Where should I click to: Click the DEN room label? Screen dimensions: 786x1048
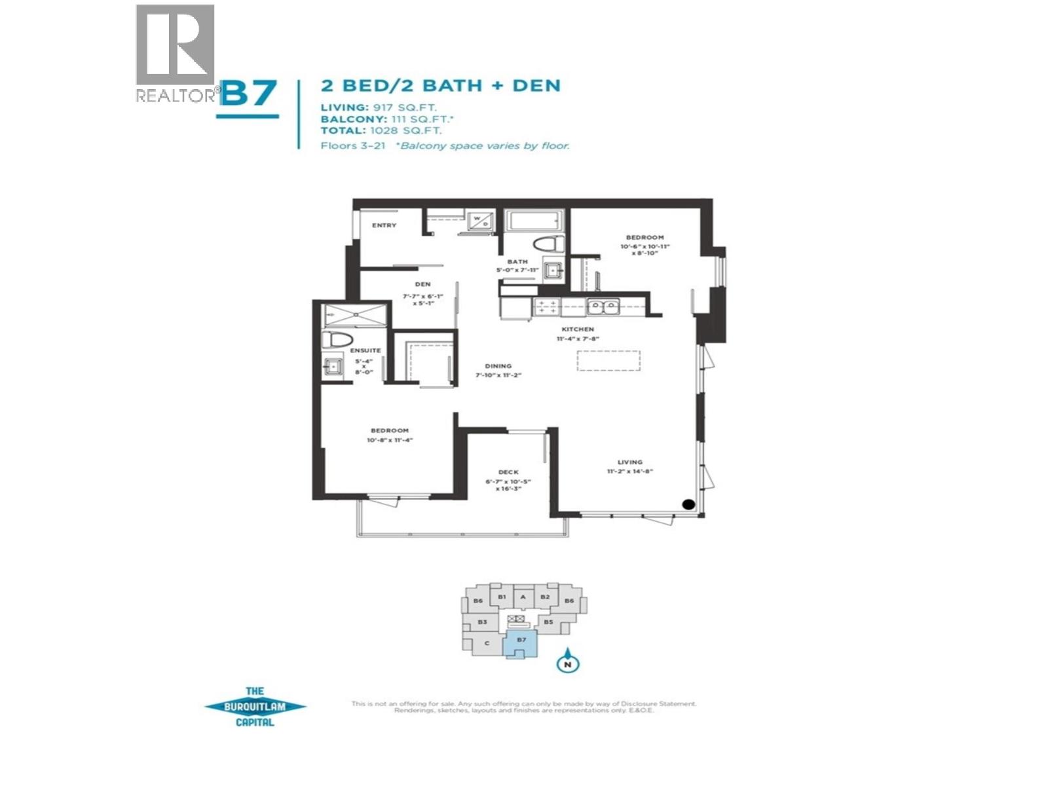[x=422, y=284]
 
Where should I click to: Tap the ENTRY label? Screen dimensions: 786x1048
[x=384, y=225]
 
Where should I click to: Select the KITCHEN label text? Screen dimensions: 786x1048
[x=578, y=329]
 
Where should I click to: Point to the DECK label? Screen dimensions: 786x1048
[x=508, y=472]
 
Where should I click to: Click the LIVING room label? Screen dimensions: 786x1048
[x=629, y=462]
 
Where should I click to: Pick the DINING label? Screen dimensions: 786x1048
[x=498, y=366]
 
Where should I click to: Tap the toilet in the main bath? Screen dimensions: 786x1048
[x=548, y=244]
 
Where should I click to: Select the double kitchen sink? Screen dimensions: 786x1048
[x=603, y=306]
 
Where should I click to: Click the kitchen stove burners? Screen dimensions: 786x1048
[x=546, y=307]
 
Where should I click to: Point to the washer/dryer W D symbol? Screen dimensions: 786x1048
[x=481, y=220]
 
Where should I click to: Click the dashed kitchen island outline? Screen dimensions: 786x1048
[x=608, y=361]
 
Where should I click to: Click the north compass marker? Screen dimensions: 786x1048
[x=568, y=663]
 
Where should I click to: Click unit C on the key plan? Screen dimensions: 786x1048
[x=486, y=643]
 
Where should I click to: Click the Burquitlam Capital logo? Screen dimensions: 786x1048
[x=255, y=707]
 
